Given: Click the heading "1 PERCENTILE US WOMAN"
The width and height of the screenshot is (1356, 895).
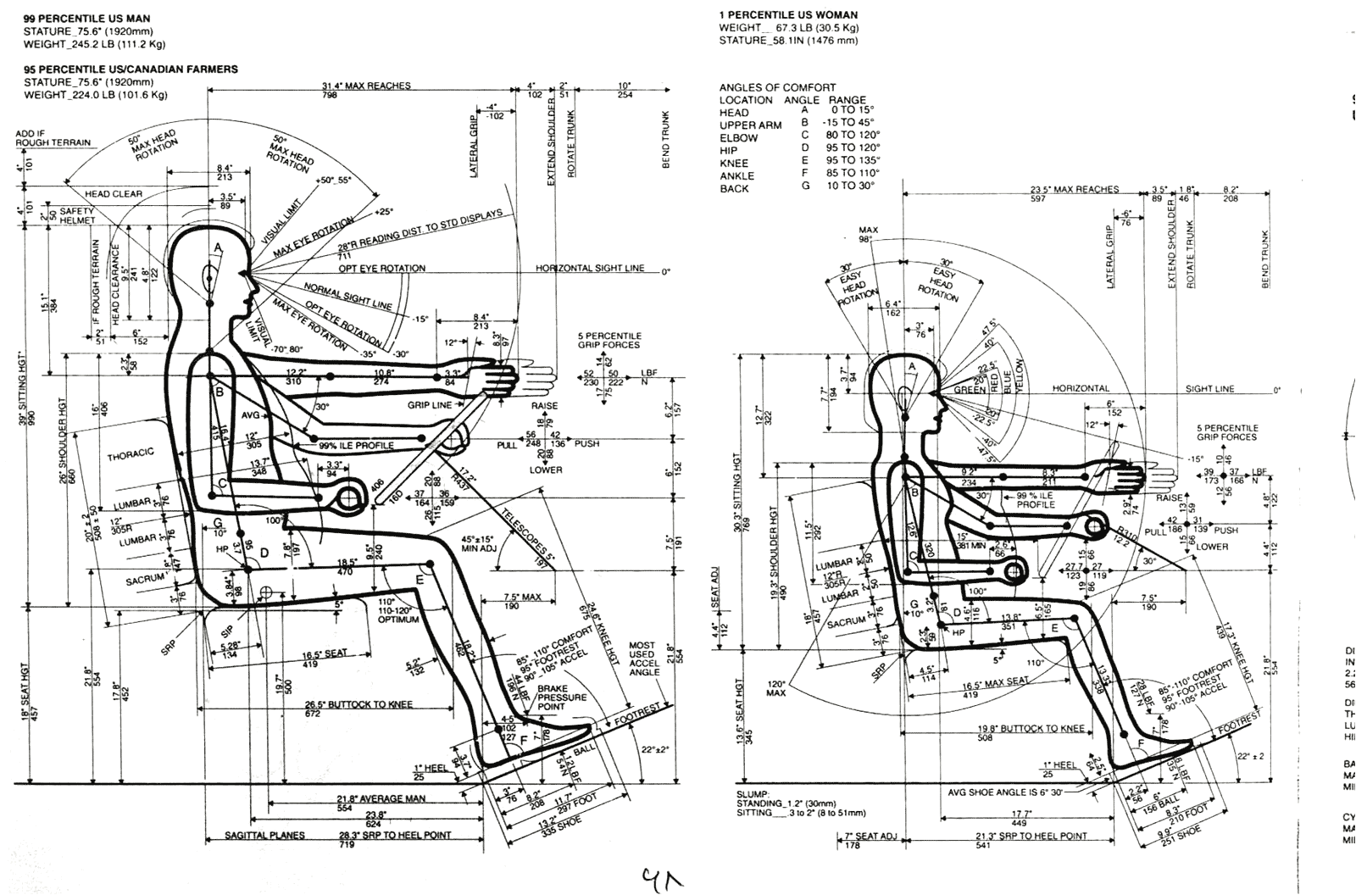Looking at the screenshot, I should coord(788,14).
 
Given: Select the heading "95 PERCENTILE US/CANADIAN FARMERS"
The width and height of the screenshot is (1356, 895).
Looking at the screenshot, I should coord(131,69).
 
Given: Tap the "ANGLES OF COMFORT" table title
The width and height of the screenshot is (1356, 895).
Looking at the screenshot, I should coord(777,87).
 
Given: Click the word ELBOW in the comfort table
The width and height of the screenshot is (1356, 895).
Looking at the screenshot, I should coord(738,137).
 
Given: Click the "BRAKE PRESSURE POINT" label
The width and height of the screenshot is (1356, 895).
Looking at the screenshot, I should coord(562,697).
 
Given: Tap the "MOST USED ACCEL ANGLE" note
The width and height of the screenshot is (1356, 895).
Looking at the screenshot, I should coord(643,659).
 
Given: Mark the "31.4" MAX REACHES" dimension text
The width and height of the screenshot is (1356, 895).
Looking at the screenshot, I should coord(366,86).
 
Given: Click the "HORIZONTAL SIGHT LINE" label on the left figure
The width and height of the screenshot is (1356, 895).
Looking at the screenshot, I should coord(590,268).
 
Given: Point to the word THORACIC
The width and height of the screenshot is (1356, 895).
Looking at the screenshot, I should coord(131,454).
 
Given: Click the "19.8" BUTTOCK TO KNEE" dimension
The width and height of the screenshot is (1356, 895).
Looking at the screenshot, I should coord(1031,728).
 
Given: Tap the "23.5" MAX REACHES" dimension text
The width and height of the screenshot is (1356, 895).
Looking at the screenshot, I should coord(1074,189).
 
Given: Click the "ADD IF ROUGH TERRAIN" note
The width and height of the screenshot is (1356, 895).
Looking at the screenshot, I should coord(53,138).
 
